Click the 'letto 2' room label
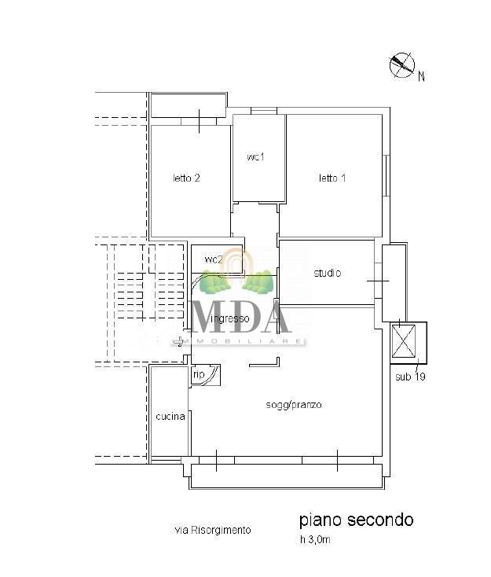click(x=186, y=178)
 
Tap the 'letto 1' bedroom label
click(x=332, y=178)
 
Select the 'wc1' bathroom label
click(x=255, y=157)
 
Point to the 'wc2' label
click(x=214, y=259)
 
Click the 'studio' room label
click(x=328, y=273)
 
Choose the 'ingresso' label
click(x=230, y=318)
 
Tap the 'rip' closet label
click(x=199, y=375)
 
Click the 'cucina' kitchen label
click(x=170, y=417)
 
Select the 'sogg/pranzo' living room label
click(x=294, y=405)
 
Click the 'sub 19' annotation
click(x=410, y=377)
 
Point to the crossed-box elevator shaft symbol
click(x=404, y=340)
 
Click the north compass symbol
click(x=402, y=65)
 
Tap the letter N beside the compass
click(x=422, y=76)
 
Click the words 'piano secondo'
click(x=357, y=520)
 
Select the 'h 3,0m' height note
click(x=315, y=540)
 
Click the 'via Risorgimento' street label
click(x=213, y=530)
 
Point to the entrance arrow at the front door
click(x=178, y=342)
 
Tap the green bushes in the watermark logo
click(x=236, y=282)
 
